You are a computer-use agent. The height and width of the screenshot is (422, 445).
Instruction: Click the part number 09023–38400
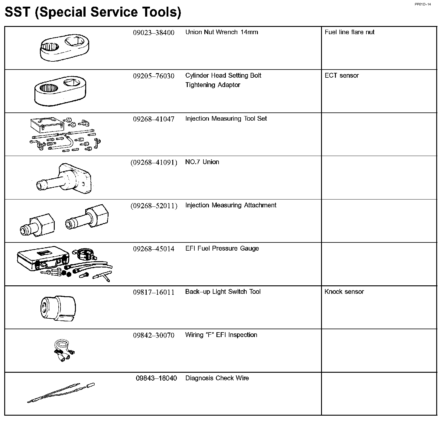(x=154, y=33)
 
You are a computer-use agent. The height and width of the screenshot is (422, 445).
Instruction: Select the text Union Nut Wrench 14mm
(x=222, y=32)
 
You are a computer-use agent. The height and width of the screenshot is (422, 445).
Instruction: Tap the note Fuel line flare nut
(x=349, y=32)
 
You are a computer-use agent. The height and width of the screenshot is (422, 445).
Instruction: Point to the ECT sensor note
(x=342, y=76)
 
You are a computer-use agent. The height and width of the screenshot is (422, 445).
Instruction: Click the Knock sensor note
(x=344, y=292)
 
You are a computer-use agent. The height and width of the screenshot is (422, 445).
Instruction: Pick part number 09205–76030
(x=154, y=76)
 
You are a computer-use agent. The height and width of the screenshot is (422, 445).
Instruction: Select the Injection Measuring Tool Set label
(x=226, y=118)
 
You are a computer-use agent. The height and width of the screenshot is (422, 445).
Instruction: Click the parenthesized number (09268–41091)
(x=154, y=162)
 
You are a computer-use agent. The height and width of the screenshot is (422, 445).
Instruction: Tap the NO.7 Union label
(x=202, y=162)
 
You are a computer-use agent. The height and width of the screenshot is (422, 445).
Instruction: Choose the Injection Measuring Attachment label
(x=231, y=205)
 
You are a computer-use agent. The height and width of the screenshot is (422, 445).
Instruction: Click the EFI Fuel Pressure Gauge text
(x=222, y=248)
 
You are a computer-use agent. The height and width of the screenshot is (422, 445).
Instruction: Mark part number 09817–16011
(x=154, y=292)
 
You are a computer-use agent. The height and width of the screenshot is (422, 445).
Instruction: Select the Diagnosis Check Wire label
(x=217, y=378)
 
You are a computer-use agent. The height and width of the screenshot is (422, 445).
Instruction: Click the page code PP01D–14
(x=423, y=4)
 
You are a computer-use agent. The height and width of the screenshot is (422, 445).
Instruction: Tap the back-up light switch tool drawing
(x=58, y=307)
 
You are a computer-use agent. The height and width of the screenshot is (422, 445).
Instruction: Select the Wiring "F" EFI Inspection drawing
(x=63, y=350)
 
